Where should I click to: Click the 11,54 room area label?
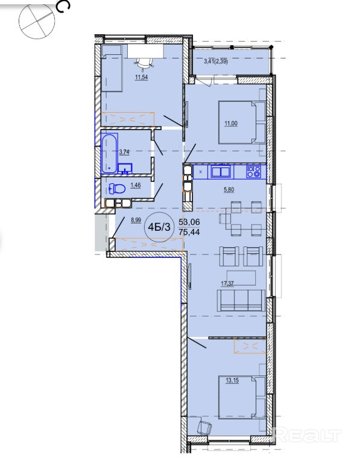pos(141,78)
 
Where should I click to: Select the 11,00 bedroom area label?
pos(231,124)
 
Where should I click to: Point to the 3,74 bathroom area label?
pos(124,152)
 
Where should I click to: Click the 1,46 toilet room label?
pos(135,185)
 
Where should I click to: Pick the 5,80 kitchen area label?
pos(229,190)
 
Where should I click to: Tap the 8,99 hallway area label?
pos(136,220)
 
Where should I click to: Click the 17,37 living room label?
pos(227,283)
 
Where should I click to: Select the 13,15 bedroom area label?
pos(232,380)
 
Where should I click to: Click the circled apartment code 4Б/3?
pos(159,227)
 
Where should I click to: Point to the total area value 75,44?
pos(189,232)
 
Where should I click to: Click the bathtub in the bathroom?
pos(109,153)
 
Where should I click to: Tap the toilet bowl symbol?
pos(117,189)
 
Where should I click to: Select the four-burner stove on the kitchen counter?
pos(254,172)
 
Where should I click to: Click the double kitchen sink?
pos(221,172)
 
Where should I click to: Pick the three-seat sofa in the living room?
pos(241,300)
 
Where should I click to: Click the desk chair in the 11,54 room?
pos(144,63)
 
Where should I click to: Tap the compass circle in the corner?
pos(37,21)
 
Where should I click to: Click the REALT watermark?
pos(308,436)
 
